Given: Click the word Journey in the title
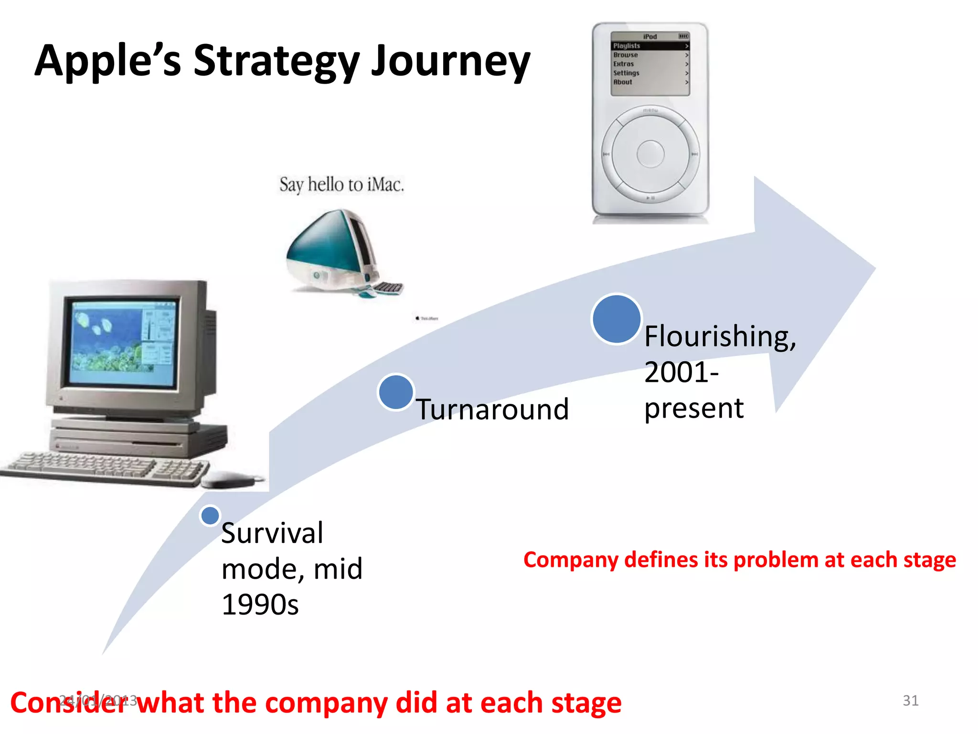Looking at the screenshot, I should (x=450, y=61).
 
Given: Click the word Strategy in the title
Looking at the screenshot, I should (x=276, y=61).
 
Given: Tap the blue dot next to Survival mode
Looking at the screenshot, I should (x=210, y=516).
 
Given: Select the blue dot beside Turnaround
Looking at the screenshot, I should (x=396, y=392).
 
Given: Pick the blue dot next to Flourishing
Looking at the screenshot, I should (x=616, y=319).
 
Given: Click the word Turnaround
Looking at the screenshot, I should (x=492, y=410).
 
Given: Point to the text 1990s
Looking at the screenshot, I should (x=260, y=604).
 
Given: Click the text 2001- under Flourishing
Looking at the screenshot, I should (x=681, y=372).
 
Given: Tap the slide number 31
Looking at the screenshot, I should (x=910, y=700).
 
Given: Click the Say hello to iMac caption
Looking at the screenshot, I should (x=341, y=184).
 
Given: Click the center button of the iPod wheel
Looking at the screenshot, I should (x=650, y=154).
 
